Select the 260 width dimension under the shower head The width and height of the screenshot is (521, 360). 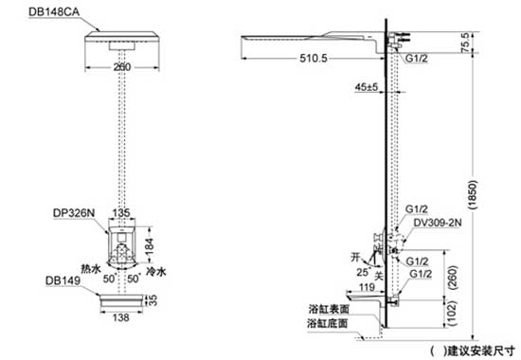[121, 67]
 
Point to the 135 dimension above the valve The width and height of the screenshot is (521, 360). [122, 213]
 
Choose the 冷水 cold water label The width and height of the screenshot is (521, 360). [157, 269]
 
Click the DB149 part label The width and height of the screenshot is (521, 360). [59, 280]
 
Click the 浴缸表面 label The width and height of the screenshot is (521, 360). [330, 309]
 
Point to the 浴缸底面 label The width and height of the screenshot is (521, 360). [330, 324]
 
